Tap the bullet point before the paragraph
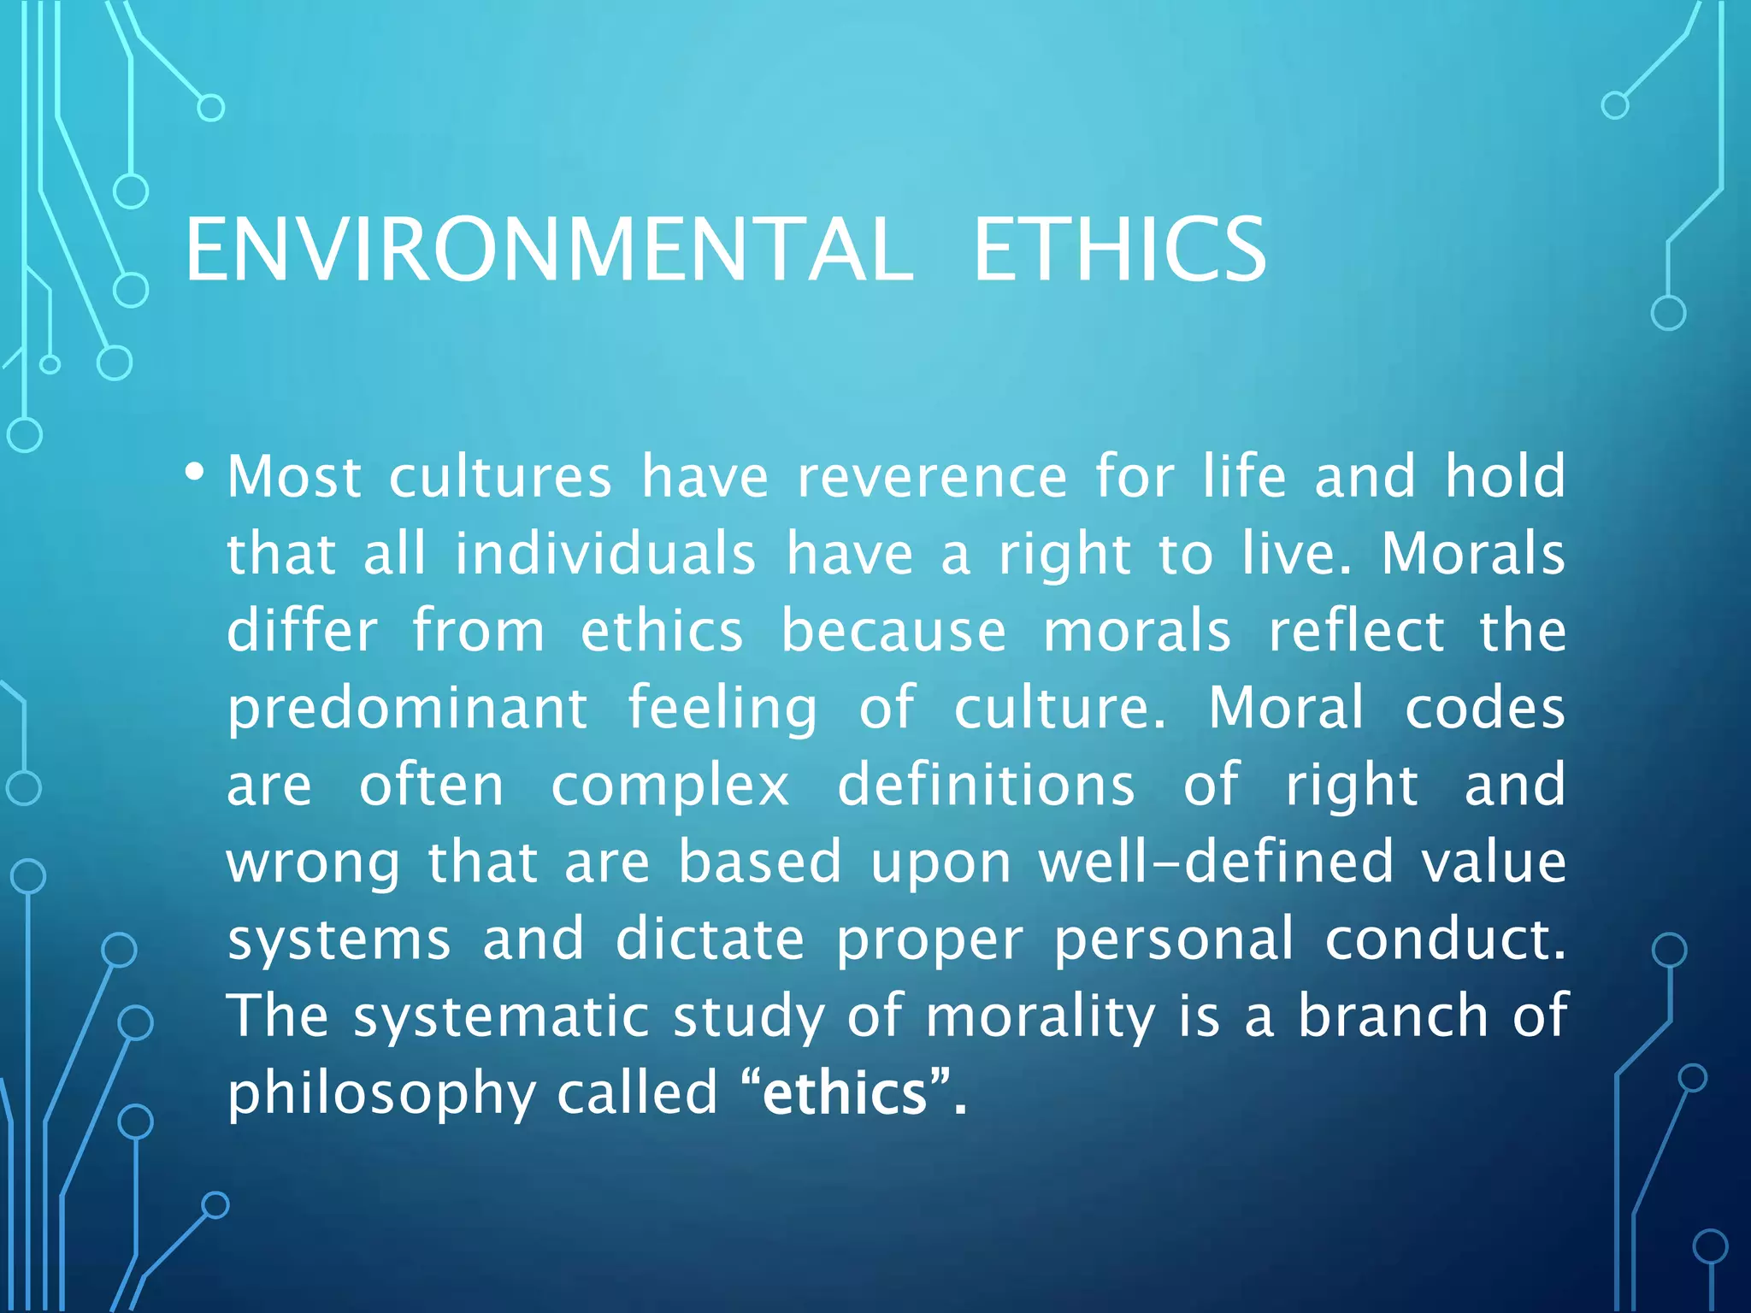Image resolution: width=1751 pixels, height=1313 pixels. point(195,472)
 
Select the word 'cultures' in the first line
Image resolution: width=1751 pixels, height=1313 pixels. point(500,476)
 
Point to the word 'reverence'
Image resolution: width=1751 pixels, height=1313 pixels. point(932,476)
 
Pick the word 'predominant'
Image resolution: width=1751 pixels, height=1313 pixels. point(407,709)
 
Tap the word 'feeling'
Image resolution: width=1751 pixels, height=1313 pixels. point(722,709)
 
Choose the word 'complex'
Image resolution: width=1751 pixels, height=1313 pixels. point(670,786)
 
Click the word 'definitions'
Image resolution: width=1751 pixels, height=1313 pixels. point(986,786)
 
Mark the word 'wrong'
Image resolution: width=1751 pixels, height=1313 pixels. point(313,863)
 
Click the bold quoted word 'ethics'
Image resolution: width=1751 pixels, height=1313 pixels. point(845,1093)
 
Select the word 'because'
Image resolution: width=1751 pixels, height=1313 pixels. point(893,631)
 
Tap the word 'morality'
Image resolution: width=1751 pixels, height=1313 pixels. point(1040,1016)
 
